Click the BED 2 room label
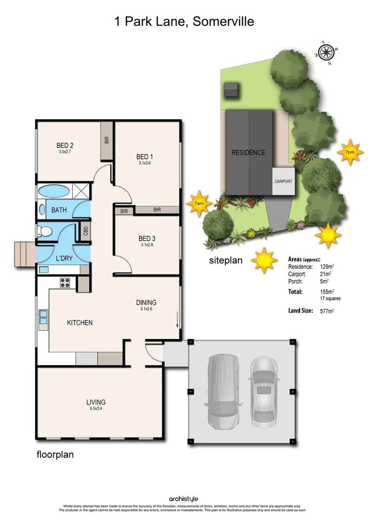click(65, 145)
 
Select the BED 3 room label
click(147, 238)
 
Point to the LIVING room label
click(96, 402)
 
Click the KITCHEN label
click(79, 323)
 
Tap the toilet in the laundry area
click(45, 232)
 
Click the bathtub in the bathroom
click(53, 191)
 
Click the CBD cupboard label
click(85, 231)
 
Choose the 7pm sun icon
click(349, 152)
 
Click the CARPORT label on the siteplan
click(283, 182)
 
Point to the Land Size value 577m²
click(327, 311)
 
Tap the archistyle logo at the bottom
click(184, 499)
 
